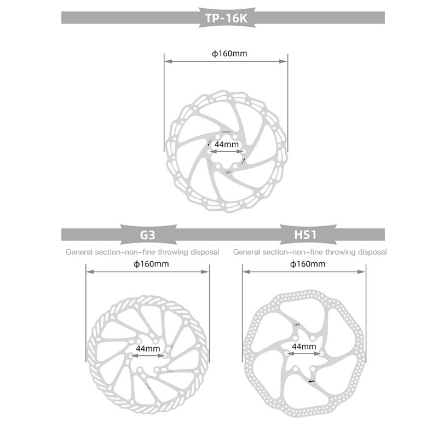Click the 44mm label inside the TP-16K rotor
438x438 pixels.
coord(226,144)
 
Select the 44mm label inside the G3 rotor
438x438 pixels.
coord(148,348)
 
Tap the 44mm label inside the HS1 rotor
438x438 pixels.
coord(304,347)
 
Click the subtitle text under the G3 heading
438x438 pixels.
coord(142,252)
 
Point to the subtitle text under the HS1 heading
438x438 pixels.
coord(310,252)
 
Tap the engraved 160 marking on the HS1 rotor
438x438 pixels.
coord(296,325)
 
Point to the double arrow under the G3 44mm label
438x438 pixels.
coord(148,356)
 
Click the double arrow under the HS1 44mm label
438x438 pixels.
coord(304,354)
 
